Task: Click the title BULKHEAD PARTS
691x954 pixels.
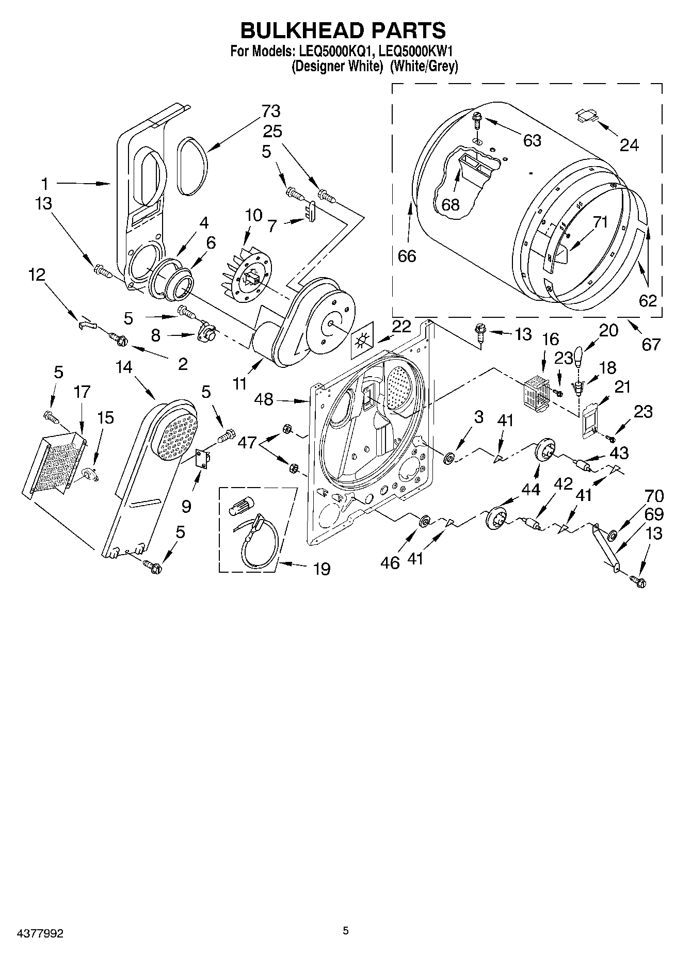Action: pyautogui.click(x=343, y=30)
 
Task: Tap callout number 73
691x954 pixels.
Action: pyautogui.click(x=270, y=110)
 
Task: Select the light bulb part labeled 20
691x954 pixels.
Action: pyautogui.click(x=579, y=356)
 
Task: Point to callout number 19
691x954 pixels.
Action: pyautogui.click(x=322, y=569)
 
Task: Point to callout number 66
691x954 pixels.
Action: pyautogui.click(x=407, y=255)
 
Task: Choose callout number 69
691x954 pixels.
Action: pyautogui.click(x=653, y=514)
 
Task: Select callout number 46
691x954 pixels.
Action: pyautogui.click(x=390, y=562)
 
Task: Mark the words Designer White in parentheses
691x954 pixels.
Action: pyautogui.click(x=336, y=67)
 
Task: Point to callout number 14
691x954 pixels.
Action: pyautogui.click(x=123, y=367)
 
